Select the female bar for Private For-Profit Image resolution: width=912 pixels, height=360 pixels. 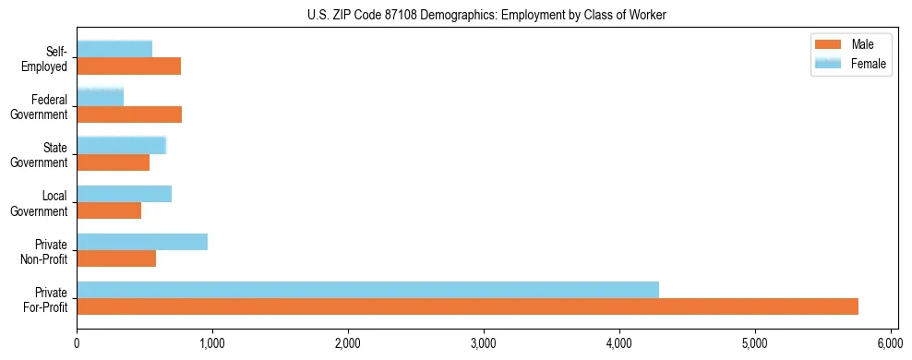tap(367, 290)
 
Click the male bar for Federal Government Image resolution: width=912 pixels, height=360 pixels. tap(129, 114)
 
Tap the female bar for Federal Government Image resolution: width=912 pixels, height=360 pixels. tap(100, 97)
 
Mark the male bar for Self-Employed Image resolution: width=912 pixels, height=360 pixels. tap(128, 66)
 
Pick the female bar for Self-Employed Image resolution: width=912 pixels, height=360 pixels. tap(114, 49)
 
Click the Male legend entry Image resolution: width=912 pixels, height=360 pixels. tap(845, 44)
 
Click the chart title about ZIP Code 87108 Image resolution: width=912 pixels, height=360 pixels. tap(486, 15)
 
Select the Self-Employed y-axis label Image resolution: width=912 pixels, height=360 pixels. tap(50, 58)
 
